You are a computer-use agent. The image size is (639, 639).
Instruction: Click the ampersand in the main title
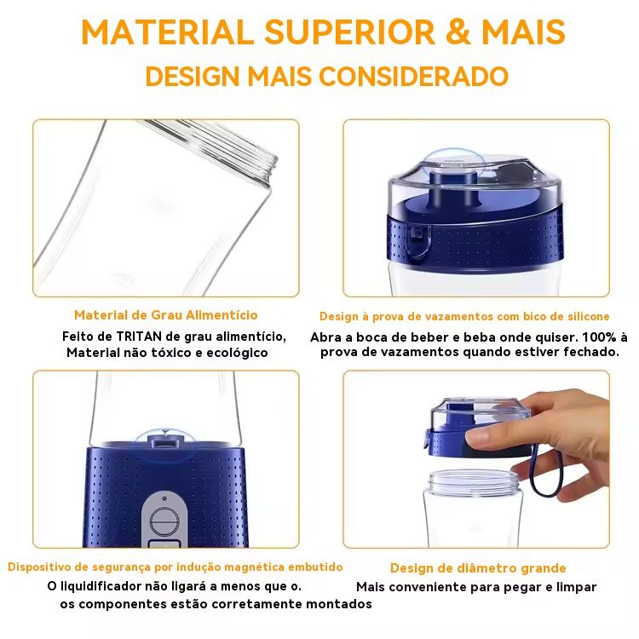pyautogui.click(x=458, y=32)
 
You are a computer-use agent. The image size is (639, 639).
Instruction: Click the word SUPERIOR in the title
pyautogui.click(x=349, y=32)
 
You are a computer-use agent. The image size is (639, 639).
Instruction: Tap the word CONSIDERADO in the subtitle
pyautogui.click(x=413, y=76)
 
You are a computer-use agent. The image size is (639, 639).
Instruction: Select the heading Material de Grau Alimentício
pyautogui.click(x=166, y=315)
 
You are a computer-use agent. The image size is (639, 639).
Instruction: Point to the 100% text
pyautogui.click(x=599, y=337)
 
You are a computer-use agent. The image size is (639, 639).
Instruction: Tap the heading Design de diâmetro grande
pyautogui.click(x=478, y=568)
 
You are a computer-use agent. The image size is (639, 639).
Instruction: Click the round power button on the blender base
pyautogui.click(x=164, y=522)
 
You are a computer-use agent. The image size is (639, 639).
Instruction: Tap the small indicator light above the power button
pyautogui.click(x=164, y=498)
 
